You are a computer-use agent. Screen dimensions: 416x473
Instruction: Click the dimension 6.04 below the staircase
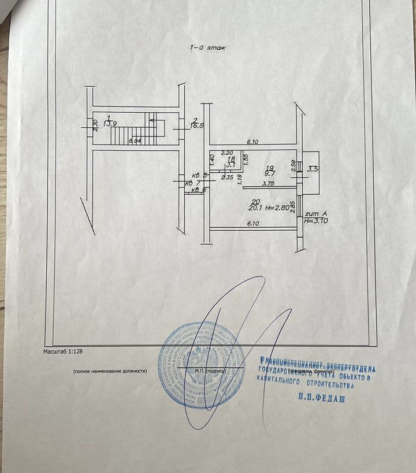(135, 142)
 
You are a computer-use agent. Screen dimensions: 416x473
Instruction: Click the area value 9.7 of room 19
(270, 173)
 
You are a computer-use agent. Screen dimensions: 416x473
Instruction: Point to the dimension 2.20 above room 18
(226, 154)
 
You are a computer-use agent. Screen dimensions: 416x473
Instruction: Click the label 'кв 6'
(199, 190)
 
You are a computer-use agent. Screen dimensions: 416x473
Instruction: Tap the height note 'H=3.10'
(316, 220)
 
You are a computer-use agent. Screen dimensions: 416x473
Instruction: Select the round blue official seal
(202, 365)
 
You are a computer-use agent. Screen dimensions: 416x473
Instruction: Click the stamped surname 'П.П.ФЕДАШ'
(321, 397)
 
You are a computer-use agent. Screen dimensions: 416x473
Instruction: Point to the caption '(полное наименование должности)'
(110, 371)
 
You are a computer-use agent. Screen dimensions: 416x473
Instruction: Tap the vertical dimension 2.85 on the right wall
(292, 206)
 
